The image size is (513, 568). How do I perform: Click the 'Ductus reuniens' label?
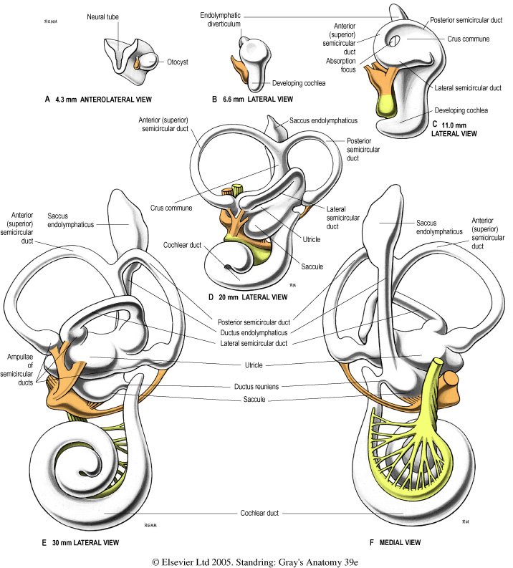coord(256,386)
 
